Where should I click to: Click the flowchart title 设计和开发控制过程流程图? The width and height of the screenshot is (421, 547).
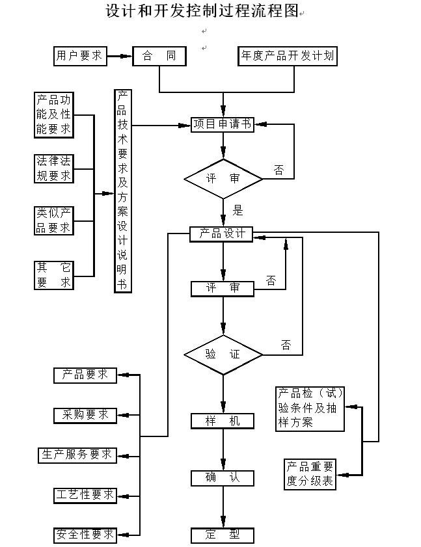(202, 11)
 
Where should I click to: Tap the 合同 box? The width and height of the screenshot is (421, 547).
(159, 56)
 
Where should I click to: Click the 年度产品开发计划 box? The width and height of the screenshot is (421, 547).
(287, 56)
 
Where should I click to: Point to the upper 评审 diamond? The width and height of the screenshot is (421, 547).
(223, 178)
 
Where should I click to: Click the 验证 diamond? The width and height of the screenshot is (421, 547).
(223, 354)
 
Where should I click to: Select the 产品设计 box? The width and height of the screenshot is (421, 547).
(221, 233)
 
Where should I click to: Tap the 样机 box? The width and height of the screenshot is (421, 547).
(223, 421)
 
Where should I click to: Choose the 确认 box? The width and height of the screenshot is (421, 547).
(223, 478)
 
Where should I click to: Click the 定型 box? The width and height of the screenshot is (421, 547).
(223, 535)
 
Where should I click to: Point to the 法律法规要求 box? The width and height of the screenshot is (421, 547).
(54, 168)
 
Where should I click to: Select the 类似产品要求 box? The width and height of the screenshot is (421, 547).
(54, 220)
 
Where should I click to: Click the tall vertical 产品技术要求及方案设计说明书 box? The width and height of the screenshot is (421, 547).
(122, 191)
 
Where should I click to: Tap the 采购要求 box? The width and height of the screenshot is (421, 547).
(85, 415)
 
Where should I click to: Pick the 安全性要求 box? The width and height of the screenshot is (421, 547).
(85, 535)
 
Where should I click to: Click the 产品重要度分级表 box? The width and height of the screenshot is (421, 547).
(310, 475)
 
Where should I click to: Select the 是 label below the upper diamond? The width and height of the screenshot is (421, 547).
(238, 209)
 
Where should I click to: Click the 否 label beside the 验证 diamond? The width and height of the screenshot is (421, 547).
(286, 345)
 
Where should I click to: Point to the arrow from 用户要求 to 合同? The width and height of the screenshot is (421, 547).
(118, 57)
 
